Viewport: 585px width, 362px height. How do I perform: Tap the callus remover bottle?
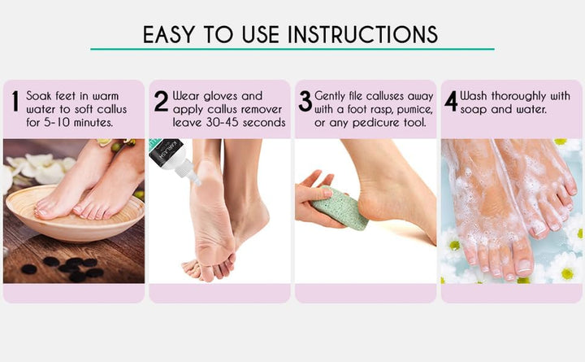click(166, 159)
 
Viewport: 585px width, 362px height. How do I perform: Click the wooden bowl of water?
click(73, 216)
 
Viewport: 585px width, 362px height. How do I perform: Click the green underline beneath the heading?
click(292, 50)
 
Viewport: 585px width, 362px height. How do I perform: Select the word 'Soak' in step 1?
click(41, 95)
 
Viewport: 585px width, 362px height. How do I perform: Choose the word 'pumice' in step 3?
click(401, 109)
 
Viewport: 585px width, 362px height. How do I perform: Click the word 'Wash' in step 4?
click(476, 95)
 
